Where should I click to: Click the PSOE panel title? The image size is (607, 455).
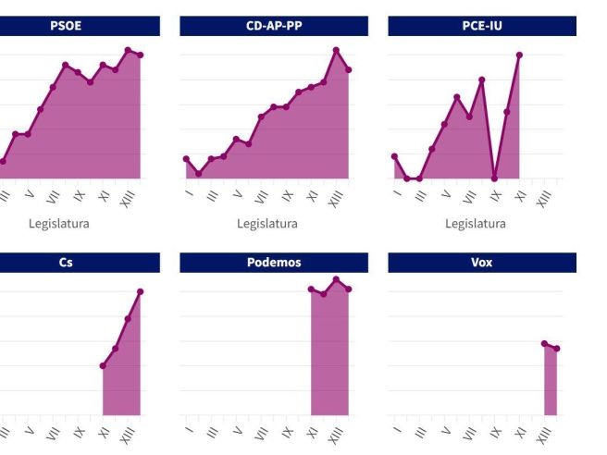pyautogui.click(x=66, y=26)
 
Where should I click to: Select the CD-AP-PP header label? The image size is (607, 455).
pyautogui.click(x=274, y=26)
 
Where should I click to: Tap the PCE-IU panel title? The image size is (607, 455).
pyautogui.click(x=481, y=26)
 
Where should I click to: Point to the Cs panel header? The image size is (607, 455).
pyautogui.click(x=66, y=263)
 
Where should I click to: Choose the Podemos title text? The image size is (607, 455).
pyautogui.click(x=274, y=263)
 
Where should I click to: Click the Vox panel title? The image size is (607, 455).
pyautogui.click(x=481, y=263)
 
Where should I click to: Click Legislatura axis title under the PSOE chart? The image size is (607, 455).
pyautogui.click(x=59, y=224)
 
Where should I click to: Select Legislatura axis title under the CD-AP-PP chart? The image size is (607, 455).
pyautogui.click(x=267, y=224)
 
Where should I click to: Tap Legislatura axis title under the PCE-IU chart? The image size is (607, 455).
pyautogui.click(x=476, y=224)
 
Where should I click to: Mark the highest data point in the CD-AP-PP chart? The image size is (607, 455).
pyautogui.click(x=336, y=50)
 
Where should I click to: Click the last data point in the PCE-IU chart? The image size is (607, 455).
pyautogui.click(x=519, y=55)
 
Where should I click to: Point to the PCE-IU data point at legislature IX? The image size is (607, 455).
pyautogui.click(x=494, y=178)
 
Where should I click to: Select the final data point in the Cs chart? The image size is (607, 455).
pyautogui.click(x=141, y=291)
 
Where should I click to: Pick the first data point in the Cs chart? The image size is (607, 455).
pyautogui.click(x=103, y=365)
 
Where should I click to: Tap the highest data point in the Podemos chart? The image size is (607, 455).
pyautogui.click(x=336, y=279)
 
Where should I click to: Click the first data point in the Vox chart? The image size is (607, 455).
pyautogui.click(x=544, y=343)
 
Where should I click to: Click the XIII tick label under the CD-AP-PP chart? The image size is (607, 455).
pyautogui.click(x=336, y=198)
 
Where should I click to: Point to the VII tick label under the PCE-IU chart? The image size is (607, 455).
pyautogui.click(x=469, y=196)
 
